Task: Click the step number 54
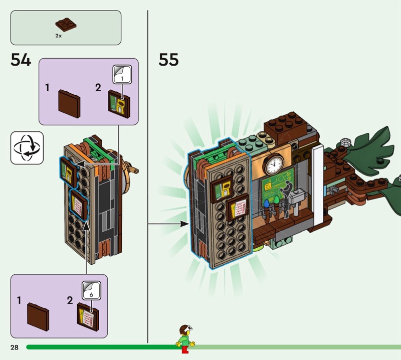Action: click(x=21, y=60)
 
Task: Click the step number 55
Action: click(x=168, y=60)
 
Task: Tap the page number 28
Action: click(x=14, y=347)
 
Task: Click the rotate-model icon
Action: click(x=27, y=148)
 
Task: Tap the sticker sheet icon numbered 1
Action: click(x=121, y=75)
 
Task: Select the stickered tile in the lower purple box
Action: click(x=89, y=315)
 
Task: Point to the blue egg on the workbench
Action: click(x=266, y=205)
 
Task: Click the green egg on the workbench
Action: click(x=276, y=201)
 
